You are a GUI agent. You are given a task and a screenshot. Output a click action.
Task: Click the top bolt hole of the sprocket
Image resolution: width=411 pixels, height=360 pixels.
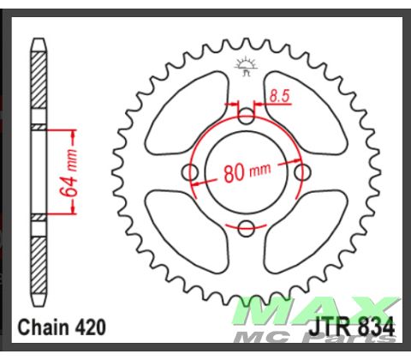(x=246, y=117)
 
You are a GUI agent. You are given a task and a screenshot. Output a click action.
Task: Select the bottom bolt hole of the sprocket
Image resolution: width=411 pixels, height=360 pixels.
(x=246, y=227)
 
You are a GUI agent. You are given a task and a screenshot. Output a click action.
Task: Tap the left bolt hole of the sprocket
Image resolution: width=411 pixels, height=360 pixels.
(x=191, y=173)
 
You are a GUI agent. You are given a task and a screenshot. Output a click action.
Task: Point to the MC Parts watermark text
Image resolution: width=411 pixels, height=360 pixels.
(x=342, y=335)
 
